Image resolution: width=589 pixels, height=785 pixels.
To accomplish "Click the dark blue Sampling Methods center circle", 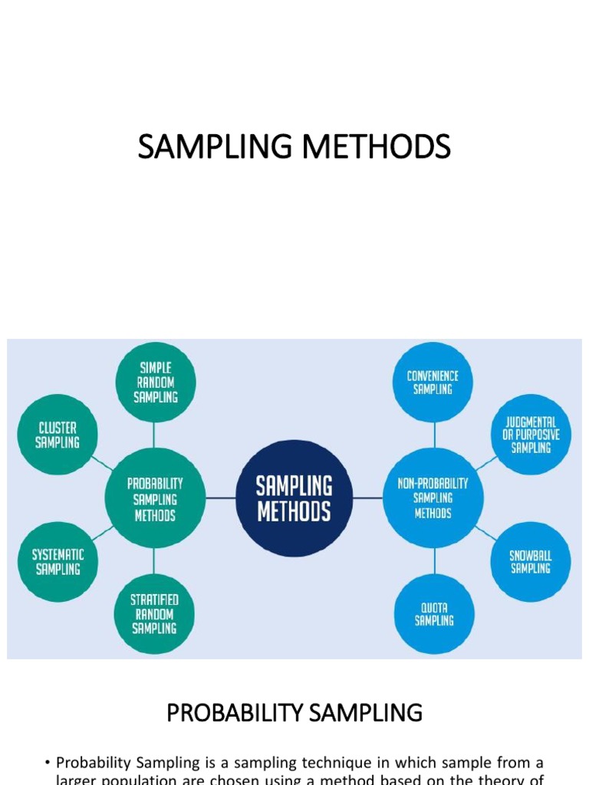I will (294, 498).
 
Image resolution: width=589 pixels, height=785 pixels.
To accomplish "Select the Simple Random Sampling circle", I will (156, 382).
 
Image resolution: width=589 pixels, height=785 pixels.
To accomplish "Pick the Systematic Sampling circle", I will (58, 561).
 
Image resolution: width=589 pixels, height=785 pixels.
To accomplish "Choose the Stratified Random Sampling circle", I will (154, 614).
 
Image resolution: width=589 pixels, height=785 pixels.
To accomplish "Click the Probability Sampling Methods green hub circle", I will (155, 498).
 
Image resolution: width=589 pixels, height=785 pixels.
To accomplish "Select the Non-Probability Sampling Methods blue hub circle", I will (433, 498).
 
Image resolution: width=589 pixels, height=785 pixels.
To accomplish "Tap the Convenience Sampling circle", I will (433, 382).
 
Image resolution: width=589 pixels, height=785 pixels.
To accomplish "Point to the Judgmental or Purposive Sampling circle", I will (531, 435).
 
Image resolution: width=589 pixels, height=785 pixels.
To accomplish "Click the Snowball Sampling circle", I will (530, 562).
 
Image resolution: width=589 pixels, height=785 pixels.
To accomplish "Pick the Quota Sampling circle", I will (434, 614).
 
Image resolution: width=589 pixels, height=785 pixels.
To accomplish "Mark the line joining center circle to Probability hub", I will (220, 498).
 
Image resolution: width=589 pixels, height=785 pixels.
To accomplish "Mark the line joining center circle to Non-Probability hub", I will (368, 498).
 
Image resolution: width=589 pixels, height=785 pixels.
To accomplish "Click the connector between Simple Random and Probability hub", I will (155, 435).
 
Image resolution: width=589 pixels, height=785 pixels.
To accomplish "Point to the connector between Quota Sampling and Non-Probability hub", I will (434, 561).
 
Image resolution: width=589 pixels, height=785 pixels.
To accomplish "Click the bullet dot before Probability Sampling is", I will (48, 763).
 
